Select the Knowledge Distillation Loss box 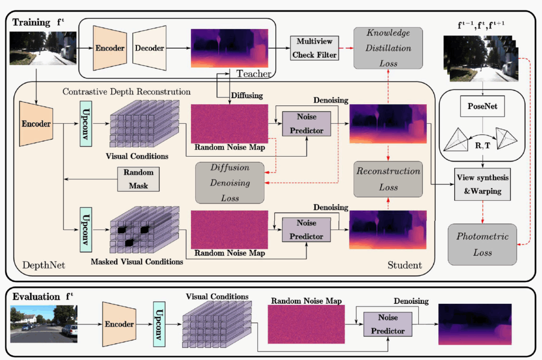click(389, 48)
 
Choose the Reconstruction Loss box click(389, 179)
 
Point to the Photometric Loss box click(482, 244)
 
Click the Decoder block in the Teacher click(149, 48)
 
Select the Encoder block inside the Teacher click(110, 48)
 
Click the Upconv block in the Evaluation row click(160, 324)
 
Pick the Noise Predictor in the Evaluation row click(387, 323)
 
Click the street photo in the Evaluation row click(44, 323)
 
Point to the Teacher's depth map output click(230, 48)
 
